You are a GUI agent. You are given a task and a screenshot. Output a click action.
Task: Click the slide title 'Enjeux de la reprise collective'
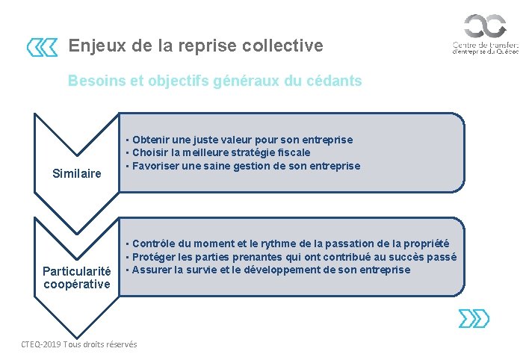196,46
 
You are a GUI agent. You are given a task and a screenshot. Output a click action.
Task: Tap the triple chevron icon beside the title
42,48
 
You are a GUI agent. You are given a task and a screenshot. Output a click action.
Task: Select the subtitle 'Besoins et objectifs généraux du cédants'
214,81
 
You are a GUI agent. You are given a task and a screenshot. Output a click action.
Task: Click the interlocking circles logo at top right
485,26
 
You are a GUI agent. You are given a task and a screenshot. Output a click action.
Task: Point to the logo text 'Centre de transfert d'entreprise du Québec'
485,49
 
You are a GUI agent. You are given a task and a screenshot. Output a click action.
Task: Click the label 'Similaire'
77,173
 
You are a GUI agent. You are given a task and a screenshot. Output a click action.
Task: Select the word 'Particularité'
77,272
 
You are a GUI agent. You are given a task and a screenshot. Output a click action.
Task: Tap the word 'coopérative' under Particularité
77,284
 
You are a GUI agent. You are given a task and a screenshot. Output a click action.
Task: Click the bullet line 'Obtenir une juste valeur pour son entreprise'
242,140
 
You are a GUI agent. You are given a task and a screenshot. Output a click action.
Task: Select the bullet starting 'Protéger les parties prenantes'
294,256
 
